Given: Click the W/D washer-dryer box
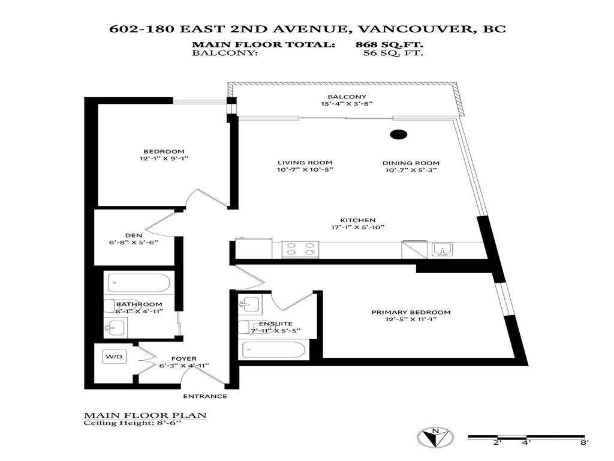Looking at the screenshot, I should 114,357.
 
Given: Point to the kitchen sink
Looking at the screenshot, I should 443,249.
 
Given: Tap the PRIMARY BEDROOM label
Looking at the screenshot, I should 411,312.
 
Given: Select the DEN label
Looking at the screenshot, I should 133,235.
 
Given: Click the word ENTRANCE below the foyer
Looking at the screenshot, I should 205,396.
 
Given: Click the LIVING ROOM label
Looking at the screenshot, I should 305,163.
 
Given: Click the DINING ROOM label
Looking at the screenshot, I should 411,163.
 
